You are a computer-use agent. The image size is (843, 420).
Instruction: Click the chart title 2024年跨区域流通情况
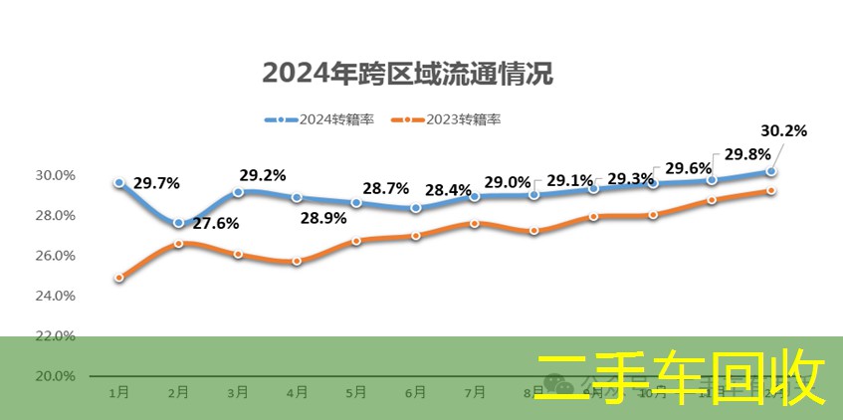(x=407, y=73)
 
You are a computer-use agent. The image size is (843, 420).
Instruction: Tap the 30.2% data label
(x=783, y=130)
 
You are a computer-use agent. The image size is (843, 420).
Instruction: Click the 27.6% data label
(x=216, y=223)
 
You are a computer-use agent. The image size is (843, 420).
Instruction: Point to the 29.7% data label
(x=156, y=183)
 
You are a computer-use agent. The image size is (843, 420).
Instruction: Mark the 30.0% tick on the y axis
(x=56, y=175)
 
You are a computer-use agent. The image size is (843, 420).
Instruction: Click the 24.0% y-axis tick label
(x=56, y=296)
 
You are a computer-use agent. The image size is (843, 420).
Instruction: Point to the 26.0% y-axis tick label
(x=56, y=256)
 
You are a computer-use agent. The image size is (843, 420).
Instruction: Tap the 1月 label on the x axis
(x=118, y=393)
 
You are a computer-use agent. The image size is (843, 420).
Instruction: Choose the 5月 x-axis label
(x=356, y=393)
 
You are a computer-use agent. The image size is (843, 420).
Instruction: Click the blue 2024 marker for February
(x=178, y=223)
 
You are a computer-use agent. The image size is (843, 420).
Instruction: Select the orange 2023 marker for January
(x=119, y=278)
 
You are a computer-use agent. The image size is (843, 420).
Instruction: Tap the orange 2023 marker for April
(x=297, y=261)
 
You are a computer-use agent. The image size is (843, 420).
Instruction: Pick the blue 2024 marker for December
(x=771, y=171)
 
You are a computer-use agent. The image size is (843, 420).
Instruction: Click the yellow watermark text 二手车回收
(x=682, y=378)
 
